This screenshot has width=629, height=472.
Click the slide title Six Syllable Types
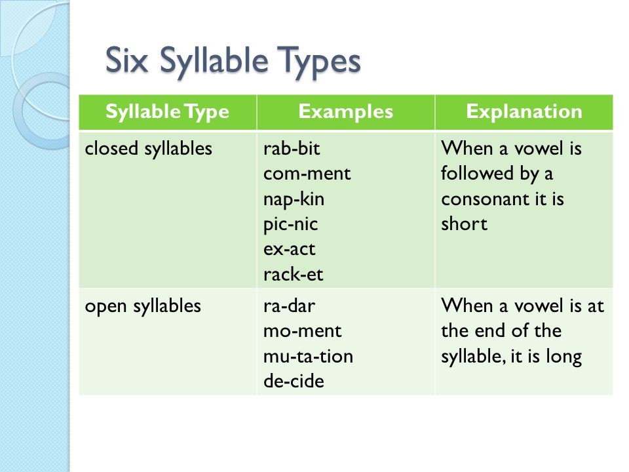coord(233,61)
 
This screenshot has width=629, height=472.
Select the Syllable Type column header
coord(167,111)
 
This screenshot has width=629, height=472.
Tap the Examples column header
coord(345,111)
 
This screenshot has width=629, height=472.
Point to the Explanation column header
coord(524,111)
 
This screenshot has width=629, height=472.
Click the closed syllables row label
coord(149,149)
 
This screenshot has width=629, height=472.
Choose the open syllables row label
coord(143,307)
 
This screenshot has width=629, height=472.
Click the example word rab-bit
coord(292,149)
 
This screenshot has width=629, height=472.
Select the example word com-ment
coord(307,174)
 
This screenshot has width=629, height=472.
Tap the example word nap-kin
coord(294,199)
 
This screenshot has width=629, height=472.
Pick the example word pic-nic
coord(290,224)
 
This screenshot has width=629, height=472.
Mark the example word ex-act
coord(289,250)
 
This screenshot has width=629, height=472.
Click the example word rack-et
coord(294,275)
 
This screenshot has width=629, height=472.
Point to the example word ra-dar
coord(289,306)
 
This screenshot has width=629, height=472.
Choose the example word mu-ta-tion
coord(308,357)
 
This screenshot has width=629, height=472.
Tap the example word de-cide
coord(294,381)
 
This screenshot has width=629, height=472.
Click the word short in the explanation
coord(464,224)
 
